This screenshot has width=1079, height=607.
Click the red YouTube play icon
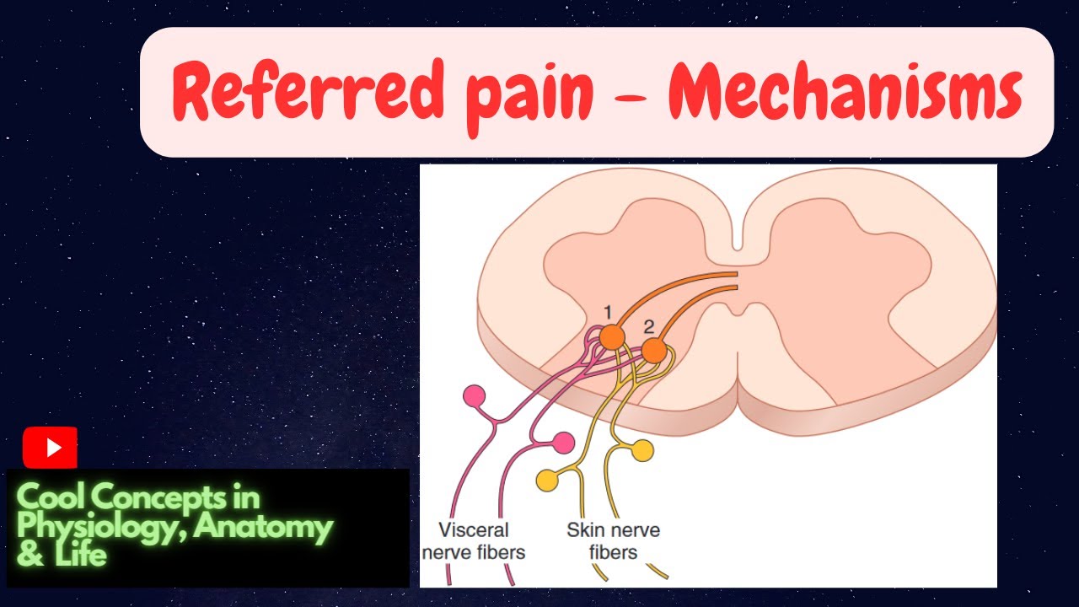pos(50,448)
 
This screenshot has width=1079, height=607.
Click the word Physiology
pos(100,528)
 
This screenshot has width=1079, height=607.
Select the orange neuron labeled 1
pos(612,337)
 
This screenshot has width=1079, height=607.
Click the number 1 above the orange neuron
pos(607,314)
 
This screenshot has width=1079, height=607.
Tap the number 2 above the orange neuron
pos(648,326)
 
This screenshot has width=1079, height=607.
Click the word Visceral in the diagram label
pos(474,530)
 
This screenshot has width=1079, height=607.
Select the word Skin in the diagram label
pos(586,530)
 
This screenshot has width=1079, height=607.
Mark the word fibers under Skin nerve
pos(613,553)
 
